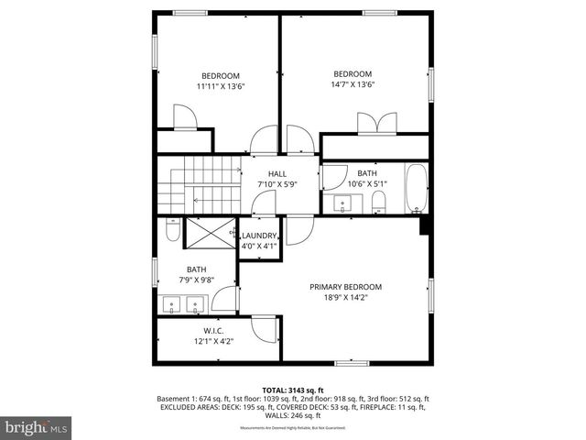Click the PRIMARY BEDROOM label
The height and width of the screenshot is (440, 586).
(345, 287)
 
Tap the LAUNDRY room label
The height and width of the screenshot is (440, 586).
(258, 236)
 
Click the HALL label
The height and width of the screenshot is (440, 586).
(277, 173)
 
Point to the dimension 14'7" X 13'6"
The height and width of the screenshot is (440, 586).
(353, 85)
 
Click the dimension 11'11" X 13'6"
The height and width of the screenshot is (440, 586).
(221, 86)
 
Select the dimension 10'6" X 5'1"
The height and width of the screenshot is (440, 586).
(367, 183)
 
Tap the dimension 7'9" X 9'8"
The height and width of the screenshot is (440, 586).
(196, 280)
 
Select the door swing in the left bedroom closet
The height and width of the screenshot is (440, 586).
(184, 116)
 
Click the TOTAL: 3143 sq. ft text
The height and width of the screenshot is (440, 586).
(293, 390)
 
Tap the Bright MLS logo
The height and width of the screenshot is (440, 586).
(37, 427)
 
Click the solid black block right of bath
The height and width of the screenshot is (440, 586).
(424, 225)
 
